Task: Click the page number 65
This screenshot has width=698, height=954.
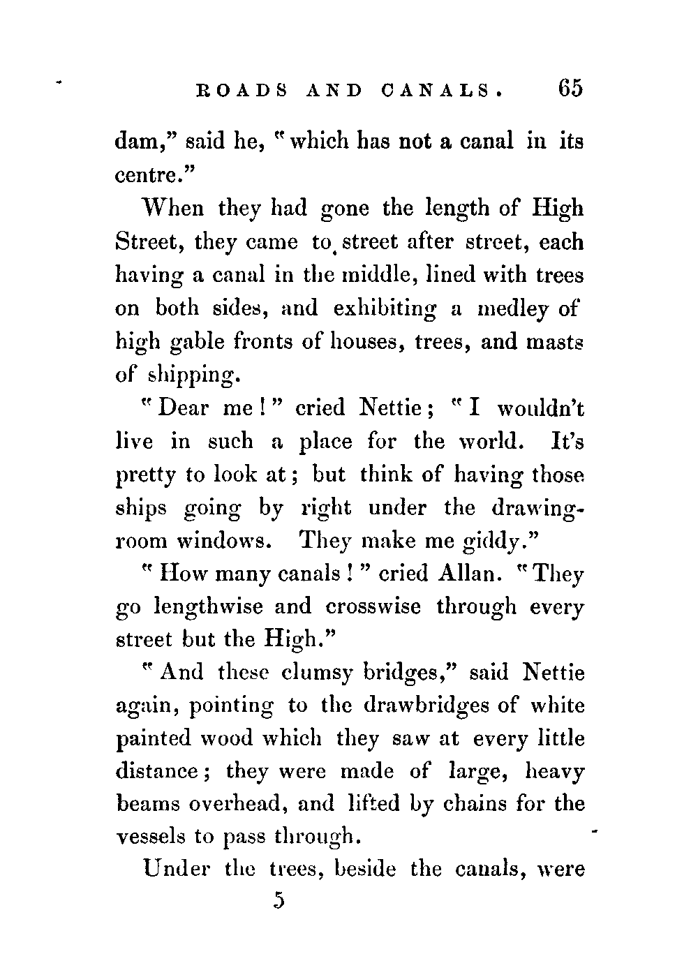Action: click(x=569, y=89)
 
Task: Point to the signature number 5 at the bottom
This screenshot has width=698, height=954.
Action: click(x=280, y=900)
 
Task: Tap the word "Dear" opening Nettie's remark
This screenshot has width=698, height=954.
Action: click(x=183, y=408)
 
